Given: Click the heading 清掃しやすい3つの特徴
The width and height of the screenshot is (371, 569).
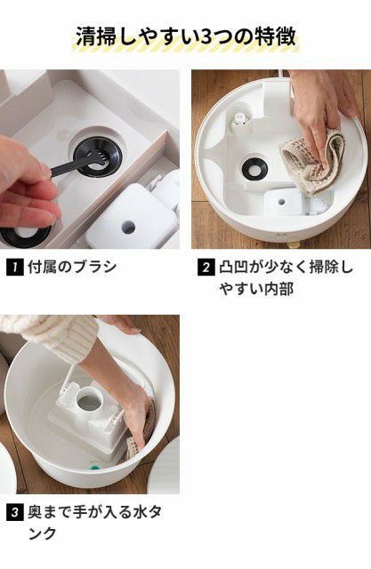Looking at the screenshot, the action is (x=185, y=37).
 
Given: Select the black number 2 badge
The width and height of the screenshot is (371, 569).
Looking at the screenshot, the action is (x=206, y=268).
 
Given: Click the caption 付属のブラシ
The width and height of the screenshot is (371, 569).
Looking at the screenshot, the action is (x=72, y=268).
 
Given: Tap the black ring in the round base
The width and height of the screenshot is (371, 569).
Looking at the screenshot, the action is (x=254, y=166).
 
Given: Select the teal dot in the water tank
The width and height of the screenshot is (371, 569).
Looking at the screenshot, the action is (x=94, y=466).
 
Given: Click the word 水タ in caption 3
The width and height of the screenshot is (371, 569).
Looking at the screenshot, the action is (x=148, y=513).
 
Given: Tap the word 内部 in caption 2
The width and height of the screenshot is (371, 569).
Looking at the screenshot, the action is (x=280, y=289).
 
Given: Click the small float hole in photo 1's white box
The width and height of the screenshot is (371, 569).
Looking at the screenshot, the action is (x=128, y=227).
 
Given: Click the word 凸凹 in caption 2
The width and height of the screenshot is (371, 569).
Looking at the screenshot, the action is (x=233, y=268).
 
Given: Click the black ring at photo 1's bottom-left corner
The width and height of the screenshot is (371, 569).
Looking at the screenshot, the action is (x=26, y=236).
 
